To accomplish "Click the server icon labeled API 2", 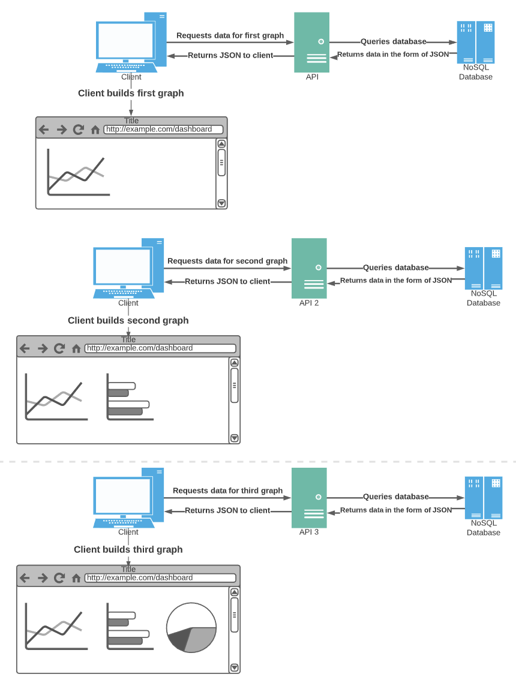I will point(309,268).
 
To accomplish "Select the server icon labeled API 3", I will point(309,497).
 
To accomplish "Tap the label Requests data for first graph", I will point(230,35).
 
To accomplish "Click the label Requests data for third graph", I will point(227,491).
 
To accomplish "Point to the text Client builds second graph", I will point(128,320).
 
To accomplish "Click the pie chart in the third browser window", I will point(191,628).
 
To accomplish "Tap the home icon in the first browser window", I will point(95,130).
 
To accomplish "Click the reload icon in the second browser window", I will point(59,348).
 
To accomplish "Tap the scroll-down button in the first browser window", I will point(221,203).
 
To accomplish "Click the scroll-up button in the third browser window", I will point(235,592).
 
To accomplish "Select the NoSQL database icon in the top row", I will point(475,43).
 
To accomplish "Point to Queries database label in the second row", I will point(395,267).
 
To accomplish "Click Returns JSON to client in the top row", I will point(230,55).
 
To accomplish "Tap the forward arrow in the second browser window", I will point(42,348).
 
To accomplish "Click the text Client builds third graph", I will point(128,549).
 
